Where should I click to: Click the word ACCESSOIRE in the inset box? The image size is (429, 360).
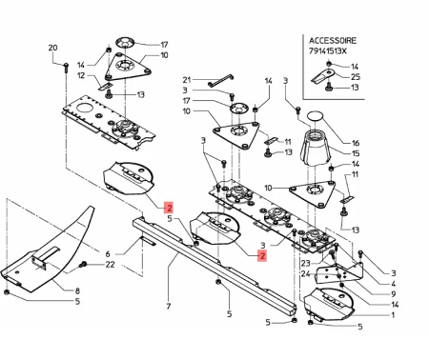coord(333,41)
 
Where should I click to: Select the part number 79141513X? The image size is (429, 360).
coord(328,50)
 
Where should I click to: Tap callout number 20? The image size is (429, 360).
coord(53,48)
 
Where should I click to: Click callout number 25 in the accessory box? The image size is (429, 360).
coord(356,77)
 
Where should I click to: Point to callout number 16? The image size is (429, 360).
coord(356,143)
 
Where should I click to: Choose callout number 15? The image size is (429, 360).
coord(356,153)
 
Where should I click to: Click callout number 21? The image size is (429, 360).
coord(187,80)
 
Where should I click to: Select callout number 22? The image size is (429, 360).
coord(110,264)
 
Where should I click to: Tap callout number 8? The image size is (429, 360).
coord(77,290)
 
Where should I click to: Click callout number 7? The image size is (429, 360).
coord(169,307)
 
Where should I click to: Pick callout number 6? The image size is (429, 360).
coord(108,254)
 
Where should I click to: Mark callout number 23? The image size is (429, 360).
coord(306,263)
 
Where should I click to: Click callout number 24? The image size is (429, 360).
coord(306,273)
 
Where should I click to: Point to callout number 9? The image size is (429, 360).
coord(394,294)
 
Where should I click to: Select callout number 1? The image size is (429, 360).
coord(394,315)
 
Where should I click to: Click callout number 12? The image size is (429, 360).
coord(82,75)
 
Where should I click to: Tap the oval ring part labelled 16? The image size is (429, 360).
coord(316,116)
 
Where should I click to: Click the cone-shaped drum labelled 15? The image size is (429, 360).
coord(316,150)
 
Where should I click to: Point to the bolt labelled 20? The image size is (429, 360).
coord(66,68)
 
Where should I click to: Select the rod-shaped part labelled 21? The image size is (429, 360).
coord(221,80)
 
